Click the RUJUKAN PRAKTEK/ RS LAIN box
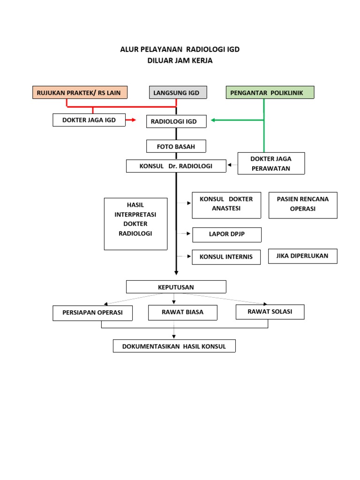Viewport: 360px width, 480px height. (80, 92)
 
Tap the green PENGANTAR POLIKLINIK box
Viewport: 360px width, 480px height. (270, 92)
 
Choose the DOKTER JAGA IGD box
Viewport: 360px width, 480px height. (90, 120)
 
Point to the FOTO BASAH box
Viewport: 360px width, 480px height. (176, 146)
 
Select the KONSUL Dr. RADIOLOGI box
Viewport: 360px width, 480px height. (176, 166)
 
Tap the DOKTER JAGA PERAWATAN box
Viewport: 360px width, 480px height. (271, 164)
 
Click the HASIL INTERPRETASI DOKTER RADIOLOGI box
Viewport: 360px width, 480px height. (135, 224)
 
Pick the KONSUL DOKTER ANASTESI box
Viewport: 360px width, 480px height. (226, 205)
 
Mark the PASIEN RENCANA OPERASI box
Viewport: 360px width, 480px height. (302, 205)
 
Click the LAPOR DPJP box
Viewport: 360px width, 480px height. (227, 234)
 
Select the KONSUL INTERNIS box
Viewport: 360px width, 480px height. (226, 257)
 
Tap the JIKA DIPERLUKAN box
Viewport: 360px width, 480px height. (302, 256)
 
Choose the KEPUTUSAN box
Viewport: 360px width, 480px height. (176, 287)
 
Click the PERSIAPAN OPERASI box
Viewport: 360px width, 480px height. (92, 313)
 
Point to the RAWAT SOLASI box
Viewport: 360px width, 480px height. (270, 312)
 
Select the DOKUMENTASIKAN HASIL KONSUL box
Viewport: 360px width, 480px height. (174, 346)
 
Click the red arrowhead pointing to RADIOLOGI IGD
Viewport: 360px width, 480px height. (133, 120)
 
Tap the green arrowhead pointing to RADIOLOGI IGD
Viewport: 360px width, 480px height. (213, 120)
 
